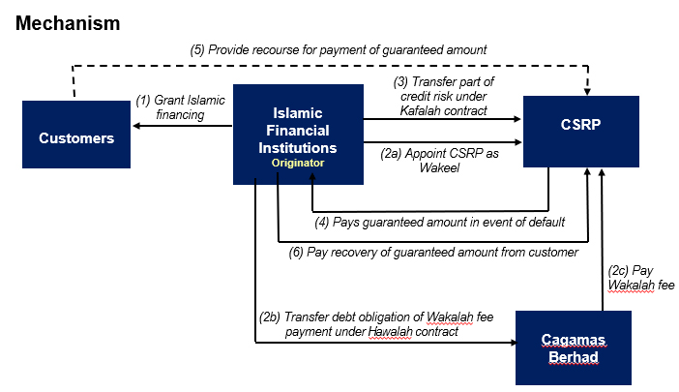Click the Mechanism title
tap(68, 23)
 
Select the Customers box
tap(76, 135)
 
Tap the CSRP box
tap(581, 132)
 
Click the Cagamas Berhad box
tap(574, 347)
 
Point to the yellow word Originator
tap(298, 163)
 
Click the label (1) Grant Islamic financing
tap(180, 107)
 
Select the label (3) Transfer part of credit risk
tap(443, 96)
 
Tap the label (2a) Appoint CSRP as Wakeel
tap(439, 161)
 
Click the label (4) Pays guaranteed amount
tap(439, 223)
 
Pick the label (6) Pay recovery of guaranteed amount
tap(433, 252)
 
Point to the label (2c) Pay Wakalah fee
tap(641, 278)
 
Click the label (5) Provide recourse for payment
tap(339, 49)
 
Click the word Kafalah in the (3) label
tap(420, 111)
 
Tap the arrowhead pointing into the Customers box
tap(136, 126)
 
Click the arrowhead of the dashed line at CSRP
tap(587, 92)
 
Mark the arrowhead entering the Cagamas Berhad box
tap(514, 343)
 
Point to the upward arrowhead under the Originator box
tap(312, 177)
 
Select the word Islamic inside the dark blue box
tap(298, 113)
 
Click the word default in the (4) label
tap(546, 223)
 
